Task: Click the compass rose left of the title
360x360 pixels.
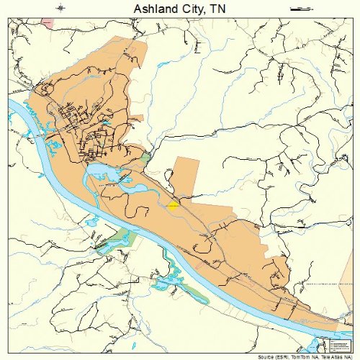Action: coord(61,8)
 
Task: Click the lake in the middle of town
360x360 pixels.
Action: coord(101,171)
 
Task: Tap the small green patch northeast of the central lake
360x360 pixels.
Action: coord(146,157)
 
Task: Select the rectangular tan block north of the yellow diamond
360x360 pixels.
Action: coord(186,176)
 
